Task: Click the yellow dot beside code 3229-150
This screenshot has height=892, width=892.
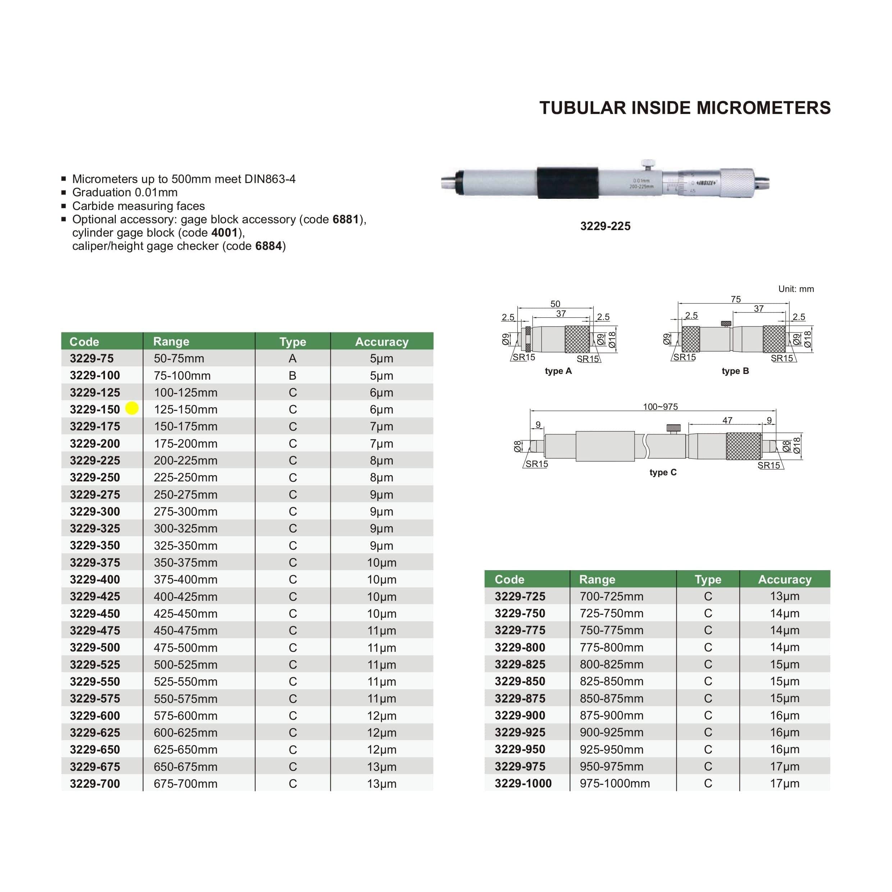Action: click(132, 408)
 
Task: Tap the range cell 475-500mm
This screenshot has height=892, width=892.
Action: click(185, 648)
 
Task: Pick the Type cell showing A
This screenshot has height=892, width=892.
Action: click(292, 358)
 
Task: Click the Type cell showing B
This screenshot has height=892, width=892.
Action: click(292, 375)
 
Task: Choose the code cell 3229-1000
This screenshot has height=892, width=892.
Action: click(523, 783)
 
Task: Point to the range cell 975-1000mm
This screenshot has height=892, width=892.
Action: click(614, 783)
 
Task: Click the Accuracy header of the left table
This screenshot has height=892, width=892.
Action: click(381, 342)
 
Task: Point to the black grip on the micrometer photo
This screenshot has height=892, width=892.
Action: click(567, 183)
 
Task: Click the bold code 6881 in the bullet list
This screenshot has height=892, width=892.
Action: click(346, 219)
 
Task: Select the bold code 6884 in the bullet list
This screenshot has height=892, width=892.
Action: click(268, 246)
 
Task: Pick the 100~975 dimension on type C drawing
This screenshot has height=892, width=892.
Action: click(660, 407)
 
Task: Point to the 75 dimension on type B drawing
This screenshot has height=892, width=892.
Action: click(736, 299)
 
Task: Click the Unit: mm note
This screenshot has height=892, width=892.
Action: click(796, 289)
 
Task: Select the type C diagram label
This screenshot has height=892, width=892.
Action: click(663, 472)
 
